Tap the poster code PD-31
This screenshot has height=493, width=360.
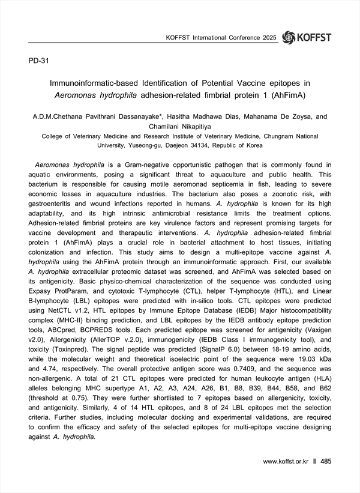[39, 61]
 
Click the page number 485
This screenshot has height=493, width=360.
[326, 461]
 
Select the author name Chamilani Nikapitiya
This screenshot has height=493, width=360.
[179, 126]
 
